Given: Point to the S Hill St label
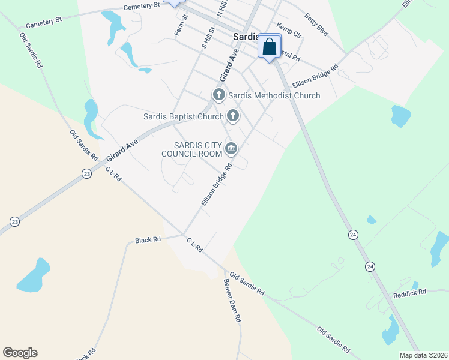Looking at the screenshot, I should [x=208, y=37].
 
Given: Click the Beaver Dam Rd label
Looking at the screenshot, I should [x=232, y=300].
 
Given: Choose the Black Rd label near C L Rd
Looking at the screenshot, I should [x=148, y=239].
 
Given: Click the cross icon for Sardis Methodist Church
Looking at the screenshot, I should [x=218, y=95].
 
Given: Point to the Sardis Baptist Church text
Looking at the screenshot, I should [x=183, y=116].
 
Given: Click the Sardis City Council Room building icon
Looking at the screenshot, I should [x=231, y=148].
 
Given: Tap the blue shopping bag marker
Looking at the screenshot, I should [x=270, y=46].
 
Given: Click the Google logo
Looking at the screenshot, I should [x=20, y=353].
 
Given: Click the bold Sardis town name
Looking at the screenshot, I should [x=245, y=37].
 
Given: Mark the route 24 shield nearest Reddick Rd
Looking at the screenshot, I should [x=370, y=266].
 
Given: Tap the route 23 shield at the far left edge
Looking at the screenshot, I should [x=14, y=222].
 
